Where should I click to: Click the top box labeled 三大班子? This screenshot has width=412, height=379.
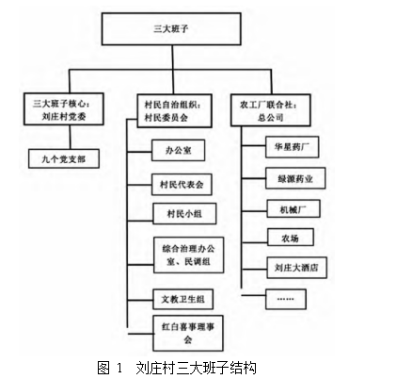(171, 29)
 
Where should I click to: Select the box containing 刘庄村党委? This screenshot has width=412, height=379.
(64, 109)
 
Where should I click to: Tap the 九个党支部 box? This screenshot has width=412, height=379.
(64, 158)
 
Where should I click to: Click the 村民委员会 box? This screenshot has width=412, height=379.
(174, 110)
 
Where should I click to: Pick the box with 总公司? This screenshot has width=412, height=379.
(271, 110)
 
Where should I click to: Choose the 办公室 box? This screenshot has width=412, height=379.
(179, 150)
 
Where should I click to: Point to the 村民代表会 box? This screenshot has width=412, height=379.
(182, 185)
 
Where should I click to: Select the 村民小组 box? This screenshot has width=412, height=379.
(184, 214)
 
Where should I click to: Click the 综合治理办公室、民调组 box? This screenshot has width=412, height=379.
(189, 255)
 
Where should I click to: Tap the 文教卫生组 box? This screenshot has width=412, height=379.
(183, 299)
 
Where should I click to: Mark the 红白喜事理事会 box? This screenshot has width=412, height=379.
(188, 333)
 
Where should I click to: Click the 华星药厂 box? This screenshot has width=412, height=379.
(293, 147)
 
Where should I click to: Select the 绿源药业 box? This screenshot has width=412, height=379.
(295, 178)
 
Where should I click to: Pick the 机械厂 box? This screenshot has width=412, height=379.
(293, 208)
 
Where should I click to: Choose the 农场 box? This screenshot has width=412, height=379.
(291, 238)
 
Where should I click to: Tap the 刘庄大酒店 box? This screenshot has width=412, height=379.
(297, 268)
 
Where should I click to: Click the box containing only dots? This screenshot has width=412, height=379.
(286, 299)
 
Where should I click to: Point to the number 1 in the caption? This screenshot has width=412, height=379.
(119, 368)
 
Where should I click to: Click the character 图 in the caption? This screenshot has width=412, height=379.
(103, 368)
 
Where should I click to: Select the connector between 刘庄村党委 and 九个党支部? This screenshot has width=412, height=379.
(71, 138)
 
